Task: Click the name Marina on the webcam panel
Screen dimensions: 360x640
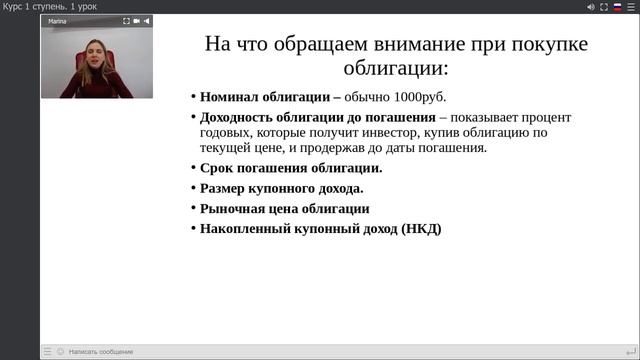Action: [x=57, y=20]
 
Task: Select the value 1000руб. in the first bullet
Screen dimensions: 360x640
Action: [x=416, y=98]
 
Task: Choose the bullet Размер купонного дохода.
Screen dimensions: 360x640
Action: [x=281, y=188]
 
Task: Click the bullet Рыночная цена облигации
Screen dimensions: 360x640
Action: [x=284, y=209]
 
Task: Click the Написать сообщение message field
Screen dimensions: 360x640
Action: [x=101, y=351]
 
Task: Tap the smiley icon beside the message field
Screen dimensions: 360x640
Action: [x=61, y=351]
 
